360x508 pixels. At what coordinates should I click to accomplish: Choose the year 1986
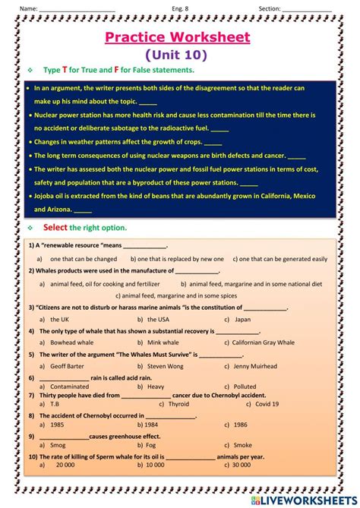(241, 424)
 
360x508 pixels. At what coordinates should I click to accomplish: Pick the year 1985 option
(57, 424)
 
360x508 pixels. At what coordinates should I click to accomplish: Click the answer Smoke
(242, 445)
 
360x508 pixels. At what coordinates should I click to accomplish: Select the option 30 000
(241, 465)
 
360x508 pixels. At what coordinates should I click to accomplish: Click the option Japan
(242, 319)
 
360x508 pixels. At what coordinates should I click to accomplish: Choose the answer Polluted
(245, 386)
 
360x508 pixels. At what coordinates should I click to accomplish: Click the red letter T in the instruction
(65, 70)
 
